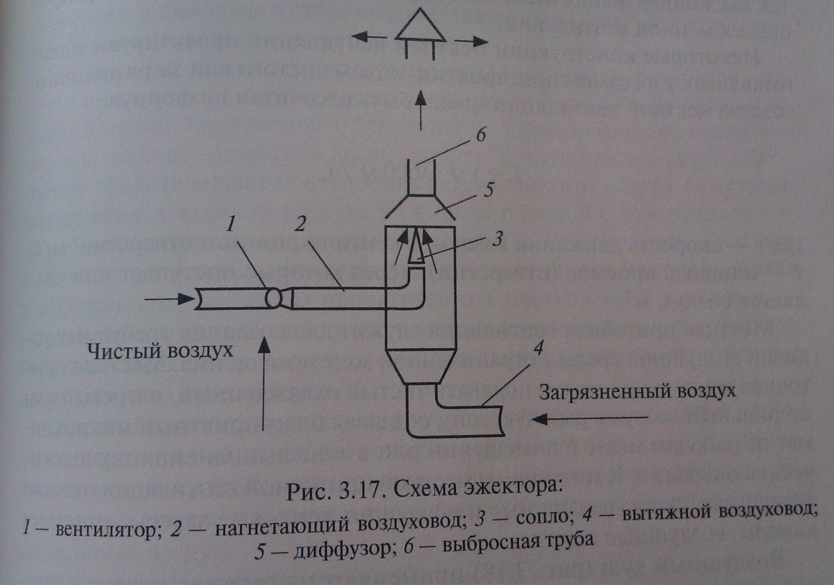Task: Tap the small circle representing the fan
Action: click(273, 299)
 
